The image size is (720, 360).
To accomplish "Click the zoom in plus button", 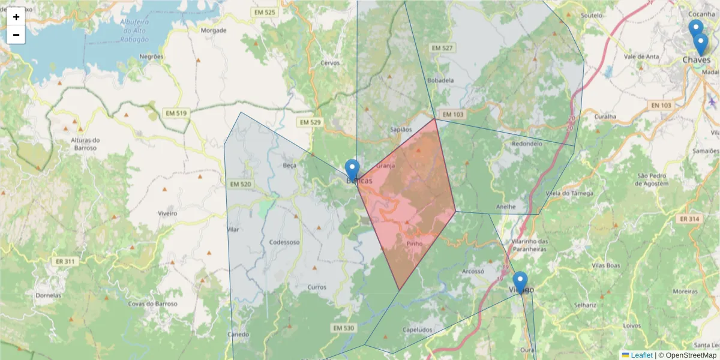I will pos(16,17).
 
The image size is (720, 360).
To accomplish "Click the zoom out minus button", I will pos(16,35).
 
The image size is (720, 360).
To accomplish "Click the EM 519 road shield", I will pos(175,113).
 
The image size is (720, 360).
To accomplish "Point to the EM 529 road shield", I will pos(310,122).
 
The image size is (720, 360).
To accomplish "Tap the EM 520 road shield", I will pos(239,184).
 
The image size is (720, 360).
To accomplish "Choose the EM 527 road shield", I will pos(442,48).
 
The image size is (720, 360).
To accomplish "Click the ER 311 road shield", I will pos(65,262).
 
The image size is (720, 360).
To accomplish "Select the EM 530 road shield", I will pos(343,328).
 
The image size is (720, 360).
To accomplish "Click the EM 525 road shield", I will pos(264,13).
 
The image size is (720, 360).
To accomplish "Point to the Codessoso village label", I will pos(284,242).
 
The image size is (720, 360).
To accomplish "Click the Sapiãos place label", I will pos(401,129).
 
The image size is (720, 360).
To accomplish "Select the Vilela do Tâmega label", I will pos(569,193).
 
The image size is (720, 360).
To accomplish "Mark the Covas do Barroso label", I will pos(153,304).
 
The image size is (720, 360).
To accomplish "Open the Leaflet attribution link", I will pos(641,355).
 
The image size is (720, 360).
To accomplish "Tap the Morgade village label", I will pos(214,30).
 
